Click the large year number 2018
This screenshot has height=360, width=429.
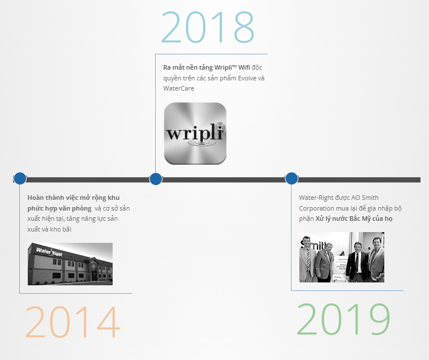(x=208, y=27)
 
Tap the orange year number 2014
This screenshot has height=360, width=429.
(x=72, y=322)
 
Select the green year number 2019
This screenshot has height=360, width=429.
(x=344, y=319)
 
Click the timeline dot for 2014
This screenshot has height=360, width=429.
(x=20, y=179)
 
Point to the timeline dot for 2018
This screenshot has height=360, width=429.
(x=156, y=179)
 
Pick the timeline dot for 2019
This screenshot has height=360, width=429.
(x=291, y=179)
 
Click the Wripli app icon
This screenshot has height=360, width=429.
(x=195, y=134)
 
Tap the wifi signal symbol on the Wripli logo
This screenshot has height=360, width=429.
(x=220, y=127)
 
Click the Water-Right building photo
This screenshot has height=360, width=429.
(x=70, y=264)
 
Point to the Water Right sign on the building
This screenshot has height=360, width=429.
(x=49, y=252)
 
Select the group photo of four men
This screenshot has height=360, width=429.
(x=342, y=257)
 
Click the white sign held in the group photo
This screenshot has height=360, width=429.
(x=340, y=268)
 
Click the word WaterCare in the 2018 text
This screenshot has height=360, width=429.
(x=179, y=88)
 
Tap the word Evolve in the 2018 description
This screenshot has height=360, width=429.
(x=247, y=78)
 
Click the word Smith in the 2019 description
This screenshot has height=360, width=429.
(x=370, y=198)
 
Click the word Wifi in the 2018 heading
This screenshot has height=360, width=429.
(x=244, y=67)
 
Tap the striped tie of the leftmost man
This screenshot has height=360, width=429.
(x=308, y=259)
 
